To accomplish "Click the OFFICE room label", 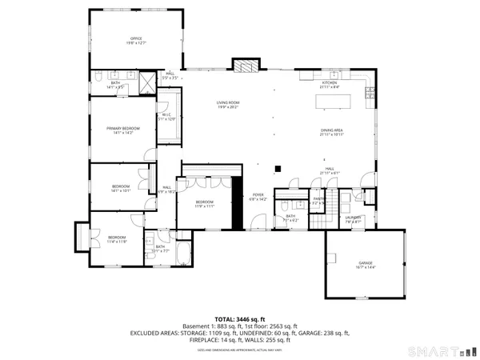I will click(136, 40).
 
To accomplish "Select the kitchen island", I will click(335, 102).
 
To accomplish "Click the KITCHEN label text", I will click(330, 83).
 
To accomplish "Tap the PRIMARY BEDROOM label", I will click(124, 130).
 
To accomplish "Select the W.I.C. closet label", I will click(167, 117).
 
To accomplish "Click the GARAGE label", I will click(366, 264).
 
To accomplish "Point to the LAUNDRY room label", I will click(354, 218).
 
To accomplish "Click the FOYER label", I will click(258, 196).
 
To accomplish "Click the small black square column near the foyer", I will click(277, 168).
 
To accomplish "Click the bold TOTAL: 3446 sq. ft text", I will click(240, 319).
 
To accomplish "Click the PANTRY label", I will click(318, 200).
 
